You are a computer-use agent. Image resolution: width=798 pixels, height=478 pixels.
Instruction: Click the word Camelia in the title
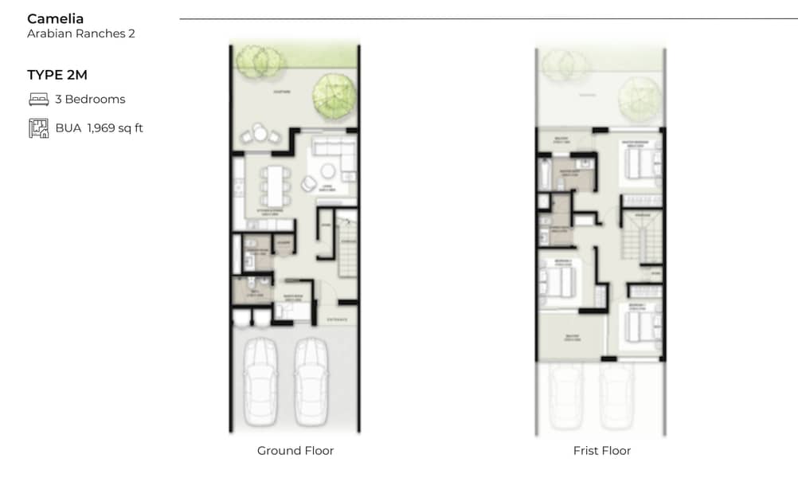click(55, 18)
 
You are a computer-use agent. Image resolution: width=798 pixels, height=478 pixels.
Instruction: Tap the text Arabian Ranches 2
click(80, 34)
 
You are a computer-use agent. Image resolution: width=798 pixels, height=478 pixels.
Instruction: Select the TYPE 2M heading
click(57, 75)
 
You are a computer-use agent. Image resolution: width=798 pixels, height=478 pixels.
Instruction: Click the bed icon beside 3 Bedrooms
click(38, 100)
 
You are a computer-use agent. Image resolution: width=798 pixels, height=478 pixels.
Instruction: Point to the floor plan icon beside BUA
click(38, 127)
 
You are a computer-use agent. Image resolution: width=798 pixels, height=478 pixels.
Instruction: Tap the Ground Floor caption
click(295, 451)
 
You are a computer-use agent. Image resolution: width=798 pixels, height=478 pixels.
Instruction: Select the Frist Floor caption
click(601, 451)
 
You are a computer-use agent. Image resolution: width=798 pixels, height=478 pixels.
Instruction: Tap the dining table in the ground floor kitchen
click(274, 184)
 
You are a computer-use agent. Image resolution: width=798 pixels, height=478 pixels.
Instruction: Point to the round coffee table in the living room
click(327, 170)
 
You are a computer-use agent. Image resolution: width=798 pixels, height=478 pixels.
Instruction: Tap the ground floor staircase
click(347, 247)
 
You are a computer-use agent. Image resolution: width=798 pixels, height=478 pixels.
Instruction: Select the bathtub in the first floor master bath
click(546, 173)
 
